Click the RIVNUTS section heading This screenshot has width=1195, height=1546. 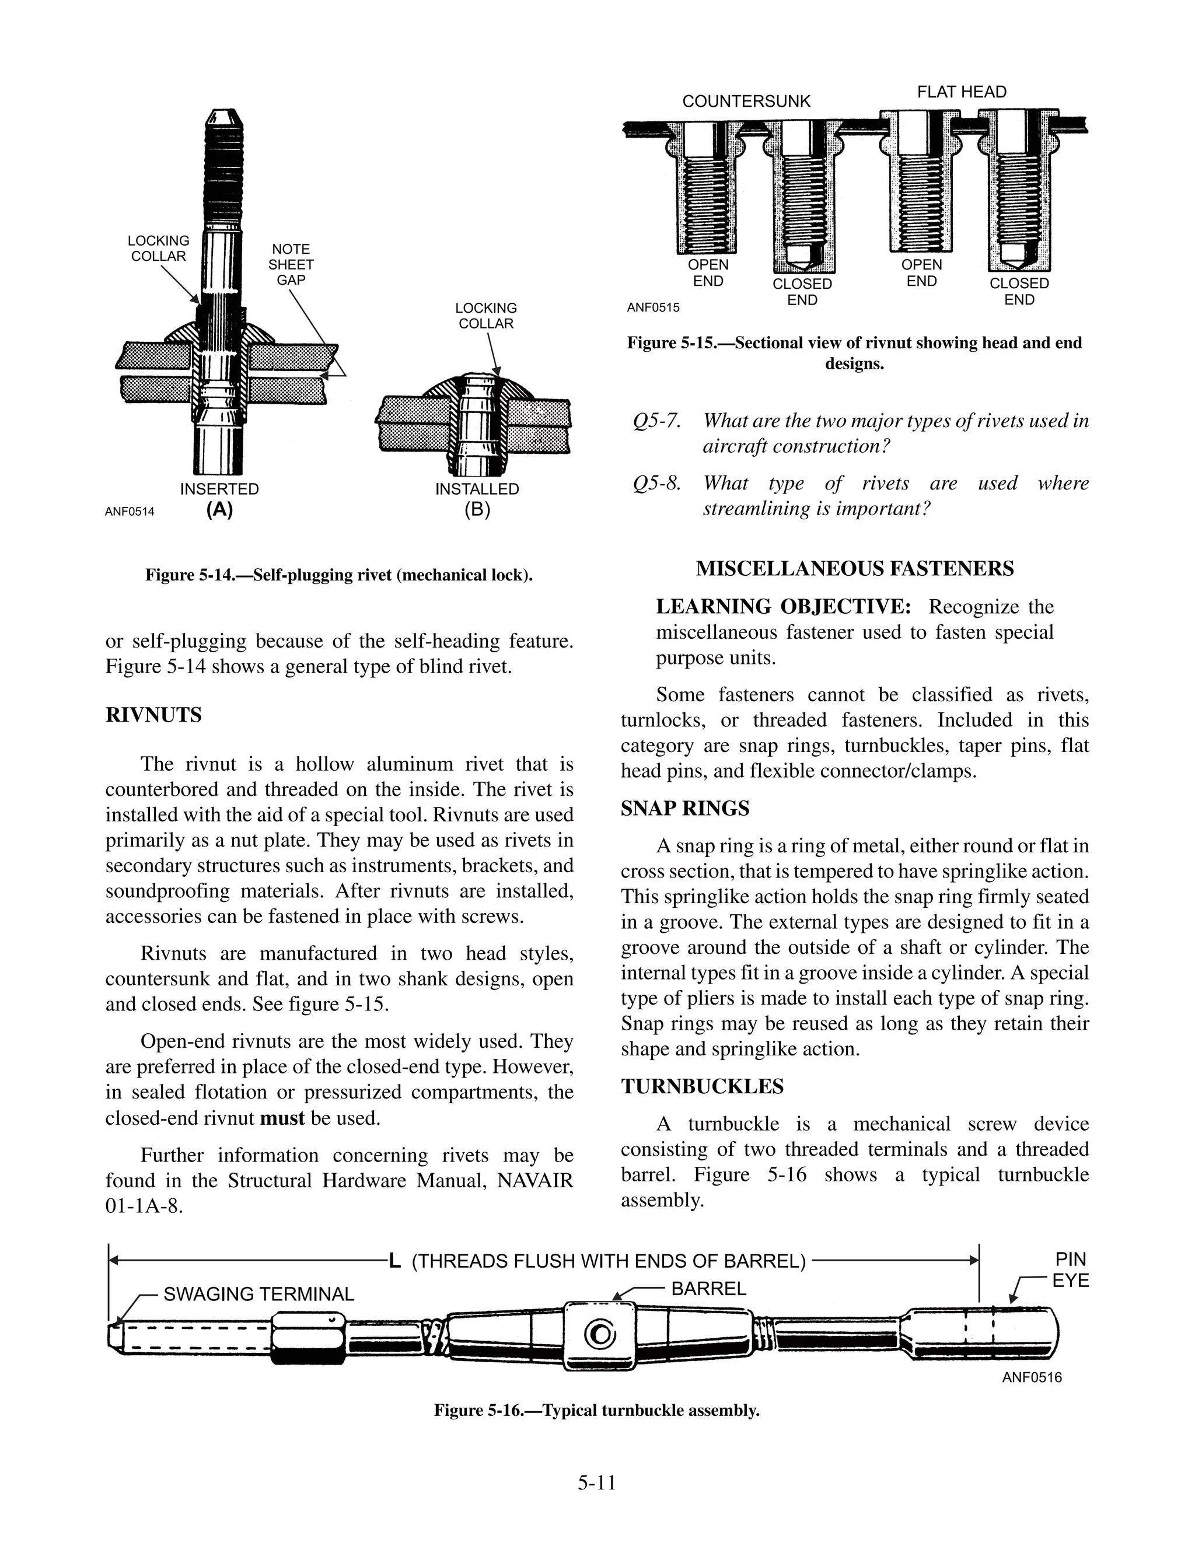click(x=153, y=715)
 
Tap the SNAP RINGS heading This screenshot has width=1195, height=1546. click(x=684, y=809)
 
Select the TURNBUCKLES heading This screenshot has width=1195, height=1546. click(x=701, y=1087)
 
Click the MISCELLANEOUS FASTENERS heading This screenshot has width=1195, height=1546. click(x=854, y=568)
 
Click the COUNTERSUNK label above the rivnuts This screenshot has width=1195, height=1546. click(x=746, y=102)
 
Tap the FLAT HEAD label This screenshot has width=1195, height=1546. click(x=962, y=92)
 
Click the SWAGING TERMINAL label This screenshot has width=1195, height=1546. click(x=258, y=1294)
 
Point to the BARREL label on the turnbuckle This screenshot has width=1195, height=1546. click(x=708, y=1288)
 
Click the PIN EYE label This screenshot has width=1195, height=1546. click(x=1070, y=1270)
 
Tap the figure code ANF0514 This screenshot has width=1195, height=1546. click(x=130, y=512)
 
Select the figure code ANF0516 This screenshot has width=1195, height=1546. click(x=1032, y=1377)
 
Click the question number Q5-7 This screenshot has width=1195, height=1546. click(x=656, y=421)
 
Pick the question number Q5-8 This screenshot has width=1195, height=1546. click(x=656, y=484)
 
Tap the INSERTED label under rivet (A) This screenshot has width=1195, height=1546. click(x=219, y=489)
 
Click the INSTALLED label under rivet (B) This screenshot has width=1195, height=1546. click(x=477, y=489)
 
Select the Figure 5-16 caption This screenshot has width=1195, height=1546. click(x=597, y=1410)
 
